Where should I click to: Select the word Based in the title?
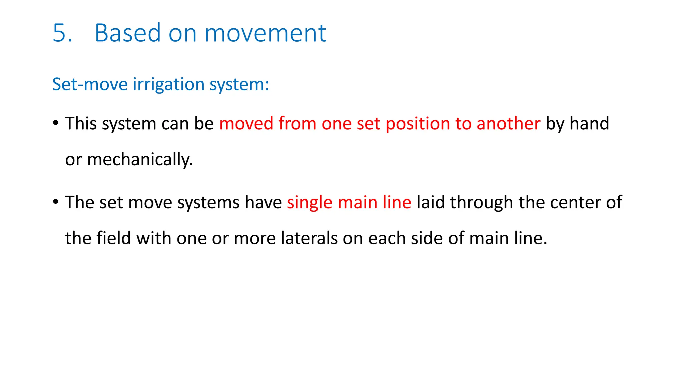pos(128,33)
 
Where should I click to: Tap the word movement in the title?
pos(265,33)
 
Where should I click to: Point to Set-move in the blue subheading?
pos(90,84)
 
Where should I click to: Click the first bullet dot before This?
pos(56,123)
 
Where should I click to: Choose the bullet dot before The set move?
pos(56,201)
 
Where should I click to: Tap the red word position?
pos(418,124)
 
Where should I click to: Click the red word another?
pos(508,124)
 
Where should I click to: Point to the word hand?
pos(589,124)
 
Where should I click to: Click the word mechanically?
pos(140,159)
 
